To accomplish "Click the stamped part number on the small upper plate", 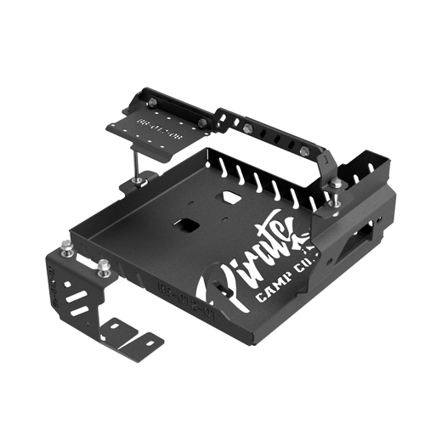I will click(x=150, y=128).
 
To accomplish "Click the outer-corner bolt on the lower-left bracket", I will click(x=65, y=247).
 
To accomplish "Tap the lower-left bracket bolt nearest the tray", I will click(x=103, y=267).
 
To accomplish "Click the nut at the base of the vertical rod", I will click(x=138, y=181).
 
